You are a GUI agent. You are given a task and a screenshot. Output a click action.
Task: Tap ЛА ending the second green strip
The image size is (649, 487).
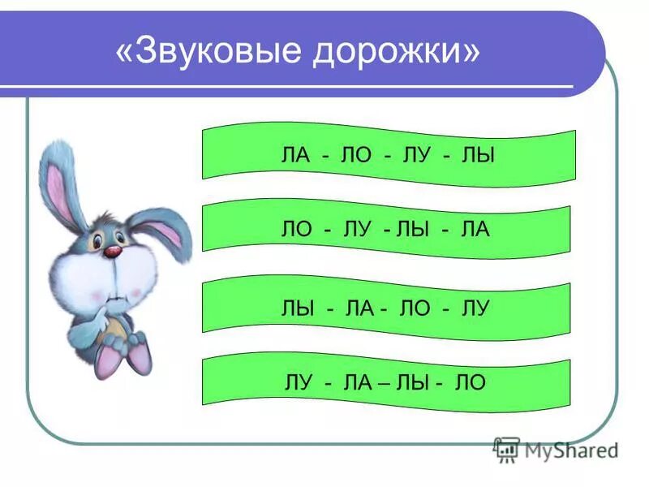(474, 231)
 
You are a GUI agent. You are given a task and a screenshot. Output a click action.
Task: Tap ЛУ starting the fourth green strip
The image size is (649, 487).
(294, 382)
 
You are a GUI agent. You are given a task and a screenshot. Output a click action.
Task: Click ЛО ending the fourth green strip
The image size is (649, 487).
(471, 382)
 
